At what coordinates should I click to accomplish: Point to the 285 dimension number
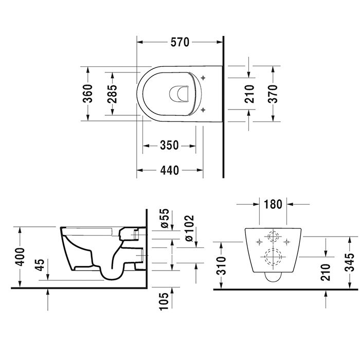(x=113, y=93)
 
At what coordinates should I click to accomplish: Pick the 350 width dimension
(x=169, y=146)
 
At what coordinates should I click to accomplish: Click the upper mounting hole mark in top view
(x=205, y=78)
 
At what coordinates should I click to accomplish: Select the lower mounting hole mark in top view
(x=205, y=109)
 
